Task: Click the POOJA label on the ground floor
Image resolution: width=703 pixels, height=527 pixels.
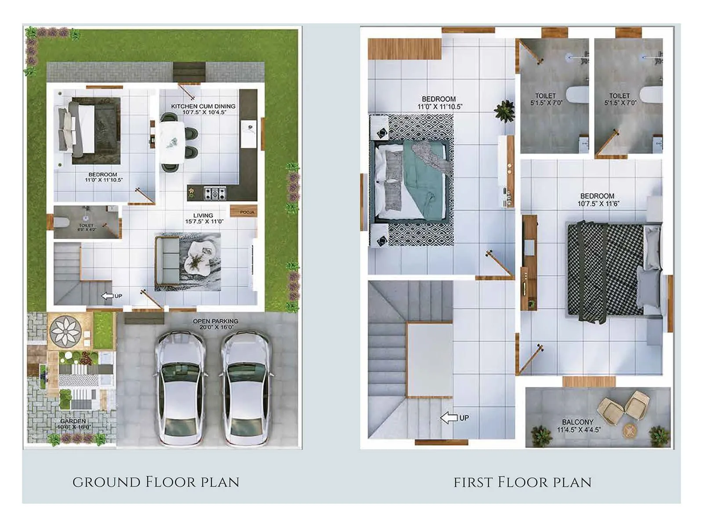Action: tap(247, 212)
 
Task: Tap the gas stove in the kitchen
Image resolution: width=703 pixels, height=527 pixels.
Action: tap(215, 193)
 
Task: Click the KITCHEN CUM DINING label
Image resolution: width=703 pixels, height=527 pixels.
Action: tap(203, 106)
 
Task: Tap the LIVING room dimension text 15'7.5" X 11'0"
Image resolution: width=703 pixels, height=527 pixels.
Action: tap(204, 222)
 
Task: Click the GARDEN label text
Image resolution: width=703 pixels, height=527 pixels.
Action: tap(73, 421)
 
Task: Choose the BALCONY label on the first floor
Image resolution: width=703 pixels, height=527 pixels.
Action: tap(578, 422)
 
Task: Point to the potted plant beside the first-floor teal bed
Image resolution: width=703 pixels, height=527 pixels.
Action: tap(504, 110)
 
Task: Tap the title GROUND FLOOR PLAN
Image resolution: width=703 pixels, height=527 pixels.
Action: tap(156, 482)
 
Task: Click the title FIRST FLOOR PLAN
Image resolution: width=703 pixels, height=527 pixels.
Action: tap(522, 482)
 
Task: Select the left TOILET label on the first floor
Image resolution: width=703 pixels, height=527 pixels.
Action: tap(546, 96)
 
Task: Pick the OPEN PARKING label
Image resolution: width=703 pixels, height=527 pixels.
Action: tap(215, 321)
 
